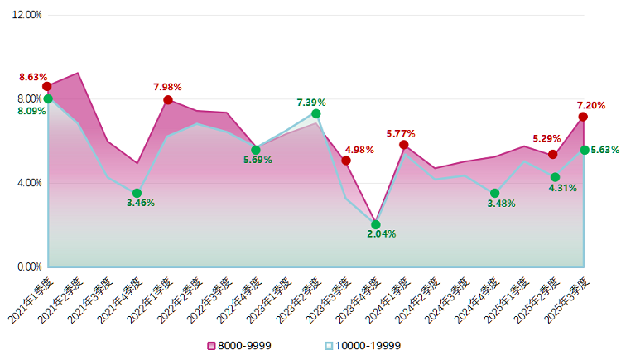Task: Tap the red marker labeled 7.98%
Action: tap(168, 100)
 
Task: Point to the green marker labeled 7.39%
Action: tap(316, 113)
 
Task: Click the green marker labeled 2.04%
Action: tap(376, 224)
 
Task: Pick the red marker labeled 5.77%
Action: tap(404, 145)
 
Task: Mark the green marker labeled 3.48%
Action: tap(494, 193)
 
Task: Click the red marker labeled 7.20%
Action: tap(583, 117)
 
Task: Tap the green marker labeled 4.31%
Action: tap(555, 177)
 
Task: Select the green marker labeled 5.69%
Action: tap(256, 150)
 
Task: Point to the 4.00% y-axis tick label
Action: tap(28, 183)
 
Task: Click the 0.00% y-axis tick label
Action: tap(28, 267)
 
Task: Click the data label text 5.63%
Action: tap(604, 150)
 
